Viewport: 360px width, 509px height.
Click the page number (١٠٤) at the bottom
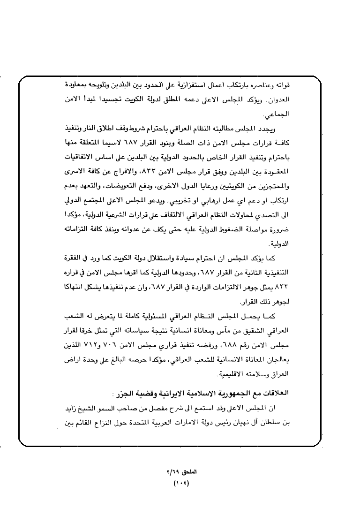180,482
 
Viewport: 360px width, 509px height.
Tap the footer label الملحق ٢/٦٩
180,471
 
